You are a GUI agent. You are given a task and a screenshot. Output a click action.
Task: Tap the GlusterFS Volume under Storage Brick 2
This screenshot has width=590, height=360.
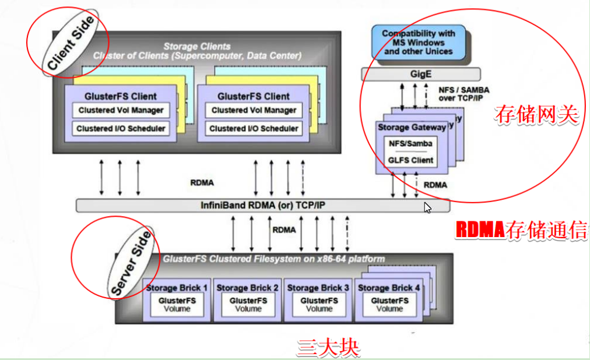[x=248, y=304]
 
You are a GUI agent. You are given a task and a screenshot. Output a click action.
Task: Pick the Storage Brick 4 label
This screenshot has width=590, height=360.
[x=389, y=288]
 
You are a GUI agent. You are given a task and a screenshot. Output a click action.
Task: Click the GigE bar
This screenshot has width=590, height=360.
[x=421, y=75]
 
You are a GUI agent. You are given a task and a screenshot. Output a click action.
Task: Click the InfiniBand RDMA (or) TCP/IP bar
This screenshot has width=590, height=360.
[x=263, y=206]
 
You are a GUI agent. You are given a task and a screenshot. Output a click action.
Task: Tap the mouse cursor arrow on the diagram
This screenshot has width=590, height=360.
[x=427, y=208]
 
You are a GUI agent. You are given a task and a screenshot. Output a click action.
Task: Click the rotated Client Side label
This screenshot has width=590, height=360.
[x=69, y=44]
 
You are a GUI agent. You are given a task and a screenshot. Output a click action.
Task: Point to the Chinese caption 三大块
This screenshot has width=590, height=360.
[x=328, y=348]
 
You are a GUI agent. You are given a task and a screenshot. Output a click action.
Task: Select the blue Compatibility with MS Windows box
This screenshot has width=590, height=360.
[x=417, y=42]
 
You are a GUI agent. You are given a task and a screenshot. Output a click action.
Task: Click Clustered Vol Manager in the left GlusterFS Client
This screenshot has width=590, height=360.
[x=121, y=110]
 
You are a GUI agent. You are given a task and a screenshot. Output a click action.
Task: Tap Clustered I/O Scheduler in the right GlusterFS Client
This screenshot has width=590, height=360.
[x=254, y=128]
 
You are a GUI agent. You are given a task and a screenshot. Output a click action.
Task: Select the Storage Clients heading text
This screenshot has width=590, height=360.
[x=196, y=46]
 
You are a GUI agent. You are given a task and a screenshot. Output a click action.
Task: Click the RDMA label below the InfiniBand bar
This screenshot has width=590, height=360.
[x=284, y=230]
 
